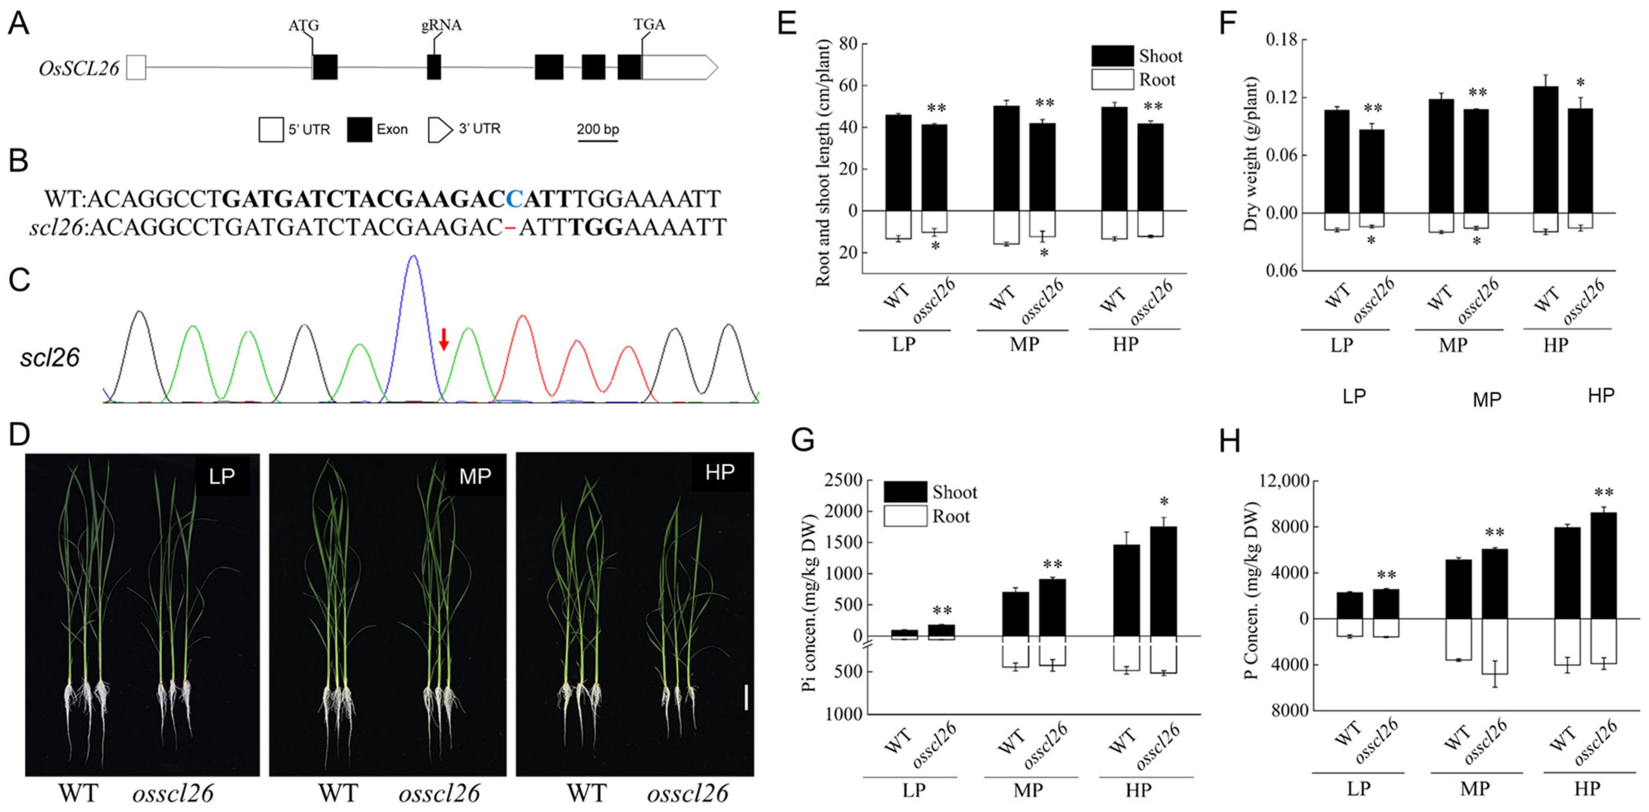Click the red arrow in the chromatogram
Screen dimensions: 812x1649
pos(443,339)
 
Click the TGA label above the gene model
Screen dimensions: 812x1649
pos(649,25)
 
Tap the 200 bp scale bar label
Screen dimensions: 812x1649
pos(597,129)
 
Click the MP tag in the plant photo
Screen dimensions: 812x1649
pos(475,476)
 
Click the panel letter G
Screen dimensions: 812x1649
pos(803,441)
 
